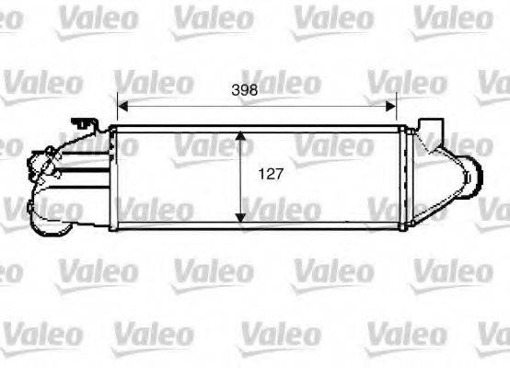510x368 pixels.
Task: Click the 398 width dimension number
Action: click(244, 89)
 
